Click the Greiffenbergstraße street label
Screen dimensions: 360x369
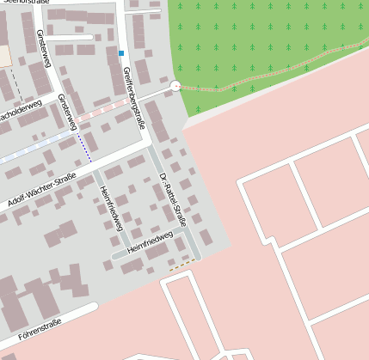click(x=134, y=96)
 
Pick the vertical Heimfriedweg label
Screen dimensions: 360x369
click(x=111, y=208)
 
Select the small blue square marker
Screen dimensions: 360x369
click(x=121, y=54)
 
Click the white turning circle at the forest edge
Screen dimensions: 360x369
click(x=175, y=85)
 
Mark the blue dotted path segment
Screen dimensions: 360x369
click(x=84, y=147)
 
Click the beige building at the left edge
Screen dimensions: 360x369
click(x=4, y=55)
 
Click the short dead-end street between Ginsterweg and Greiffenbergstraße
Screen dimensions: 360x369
click(x=69, y=38)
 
